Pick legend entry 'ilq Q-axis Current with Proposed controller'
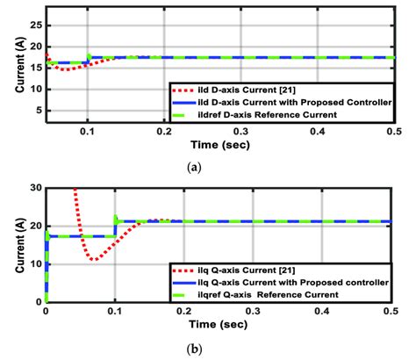(x=281, y=282)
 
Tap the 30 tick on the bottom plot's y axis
(x=33, y=187)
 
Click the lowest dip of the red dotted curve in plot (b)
(x=93, y=260)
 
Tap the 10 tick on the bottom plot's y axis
(x=33, y=263)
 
